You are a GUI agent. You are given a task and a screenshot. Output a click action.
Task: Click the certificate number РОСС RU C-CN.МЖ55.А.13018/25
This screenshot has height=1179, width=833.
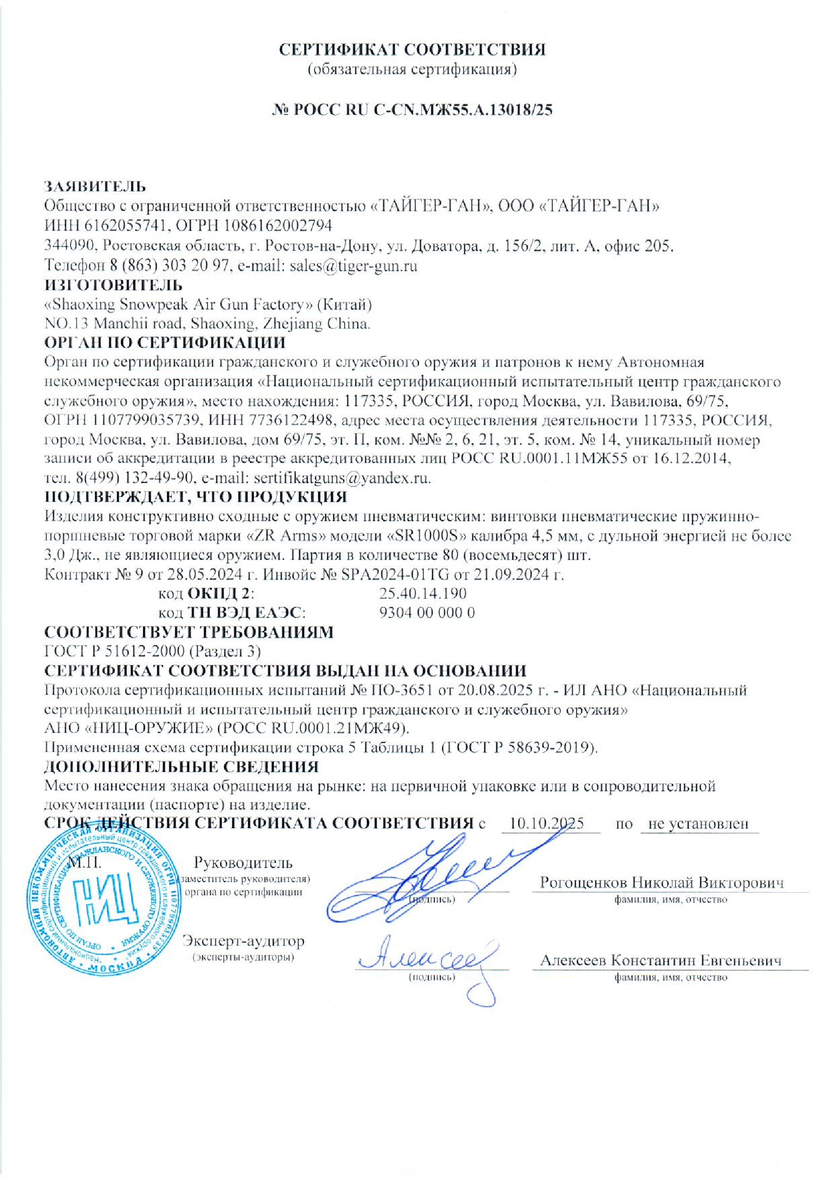[x=423, y=110]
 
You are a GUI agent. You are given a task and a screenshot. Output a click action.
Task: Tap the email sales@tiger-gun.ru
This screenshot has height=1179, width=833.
[x=353, y=266]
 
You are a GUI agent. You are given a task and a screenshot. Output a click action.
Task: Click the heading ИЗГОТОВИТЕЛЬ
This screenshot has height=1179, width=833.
[x=113, y=285]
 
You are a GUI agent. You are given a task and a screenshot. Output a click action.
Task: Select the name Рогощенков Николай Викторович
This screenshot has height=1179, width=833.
[x=662, y=883]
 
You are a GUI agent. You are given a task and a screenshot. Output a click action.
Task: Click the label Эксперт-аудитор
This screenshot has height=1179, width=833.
[x=243, y=941]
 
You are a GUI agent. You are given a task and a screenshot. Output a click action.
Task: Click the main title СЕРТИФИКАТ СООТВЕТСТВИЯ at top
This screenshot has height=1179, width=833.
[x=412, y=49]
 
